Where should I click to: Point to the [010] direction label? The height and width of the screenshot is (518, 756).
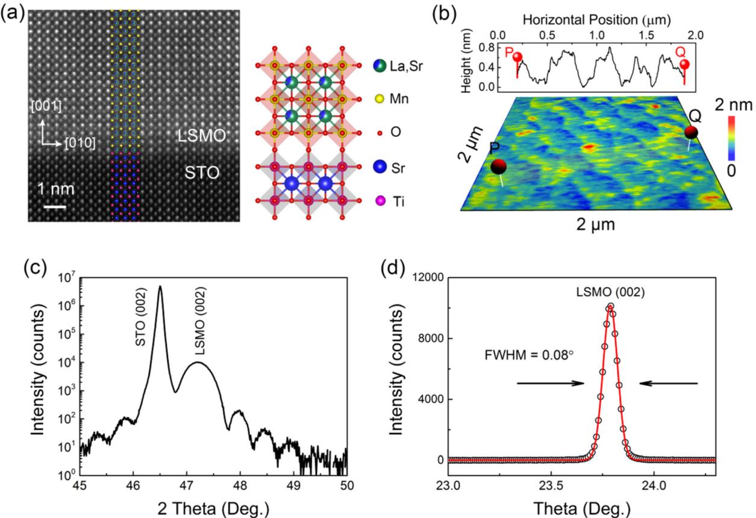point(79,143)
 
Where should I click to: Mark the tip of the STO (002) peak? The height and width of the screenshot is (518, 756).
point(160,286)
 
